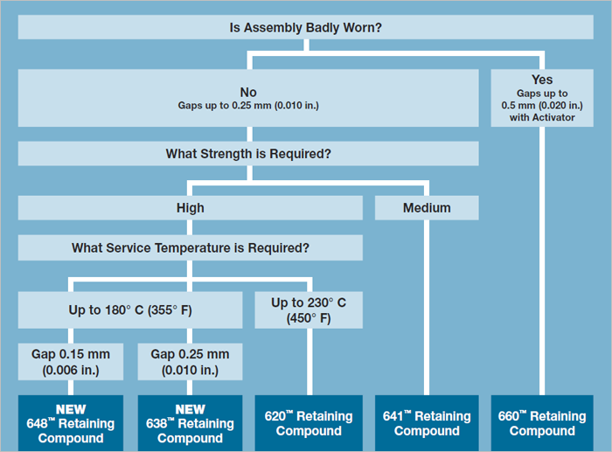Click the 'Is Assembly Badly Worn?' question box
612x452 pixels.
tap(305, 27)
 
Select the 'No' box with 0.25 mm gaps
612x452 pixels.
tap(248, 98)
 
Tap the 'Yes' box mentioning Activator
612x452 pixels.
tap(542, 98)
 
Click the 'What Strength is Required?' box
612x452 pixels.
tap(248, 154)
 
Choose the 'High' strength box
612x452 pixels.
tap(190, 207)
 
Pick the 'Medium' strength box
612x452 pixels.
tap(427, 207)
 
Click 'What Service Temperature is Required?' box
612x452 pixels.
tap(190, 247)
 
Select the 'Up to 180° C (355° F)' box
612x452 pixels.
tap(130, 309)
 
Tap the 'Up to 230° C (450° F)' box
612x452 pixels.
tap(308, 309)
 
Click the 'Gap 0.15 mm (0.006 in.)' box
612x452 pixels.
tap(71, 361)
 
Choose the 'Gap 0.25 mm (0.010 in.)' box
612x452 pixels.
tap(190, 361)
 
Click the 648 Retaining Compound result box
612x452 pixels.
tap(71, 422)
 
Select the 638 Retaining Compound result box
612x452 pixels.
tap(190, 422)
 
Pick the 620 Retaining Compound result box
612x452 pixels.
tap(308, 422)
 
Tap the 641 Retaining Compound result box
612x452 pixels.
tap(427, 422)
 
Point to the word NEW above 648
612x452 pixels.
tap(71, 409)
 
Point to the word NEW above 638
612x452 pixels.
tap(190, 409)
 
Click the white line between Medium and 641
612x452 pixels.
tap(427, 306)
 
